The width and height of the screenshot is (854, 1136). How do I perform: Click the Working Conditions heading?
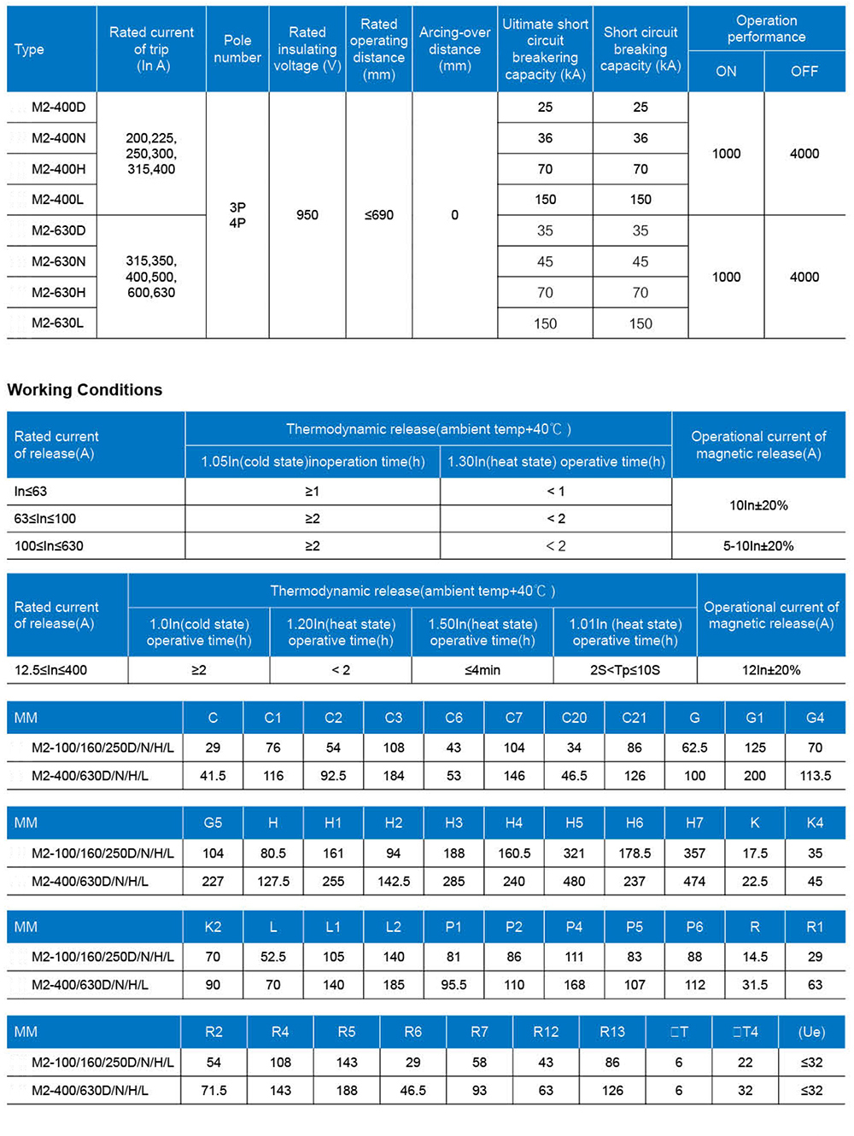85,390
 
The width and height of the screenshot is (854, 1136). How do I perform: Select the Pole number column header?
237,49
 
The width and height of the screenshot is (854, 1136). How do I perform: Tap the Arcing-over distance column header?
454,49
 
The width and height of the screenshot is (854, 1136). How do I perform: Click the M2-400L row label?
58,200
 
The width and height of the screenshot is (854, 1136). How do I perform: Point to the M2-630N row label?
58,261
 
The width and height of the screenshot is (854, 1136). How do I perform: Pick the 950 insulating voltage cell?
307,215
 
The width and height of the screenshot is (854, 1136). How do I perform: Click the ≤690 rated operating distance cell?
379,215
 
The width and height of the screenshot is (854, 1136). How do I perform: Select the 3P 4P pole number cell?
237,215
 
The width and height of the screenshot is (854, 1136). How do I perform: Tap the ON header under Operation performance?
726,72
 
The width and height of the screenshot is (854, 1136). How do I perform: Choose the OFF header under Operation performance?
804,72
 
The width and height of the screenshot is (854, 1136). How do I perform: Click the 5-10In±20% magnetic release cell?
758,546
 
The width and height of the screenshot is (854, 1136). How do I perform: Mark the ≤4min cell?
483,670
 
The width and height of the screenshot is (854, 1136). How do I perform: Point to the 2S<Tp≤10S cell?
625,670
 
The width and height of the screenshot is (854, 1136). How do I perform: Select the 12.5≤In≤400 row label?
51,670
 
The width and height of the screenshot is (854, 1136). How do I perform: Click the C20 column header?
574,718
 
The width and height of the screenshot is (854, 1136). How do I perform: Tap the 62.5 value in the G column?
694,748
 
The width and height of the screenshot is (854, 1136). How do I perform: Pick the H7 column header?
694,823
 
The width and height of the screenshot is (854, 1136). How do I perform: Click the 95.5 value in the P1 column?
453,985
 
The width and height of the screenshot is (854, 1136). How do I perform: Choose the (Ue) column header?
811,1032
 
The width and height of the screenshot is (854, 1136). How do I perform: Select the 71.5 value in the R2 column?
213,1091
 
